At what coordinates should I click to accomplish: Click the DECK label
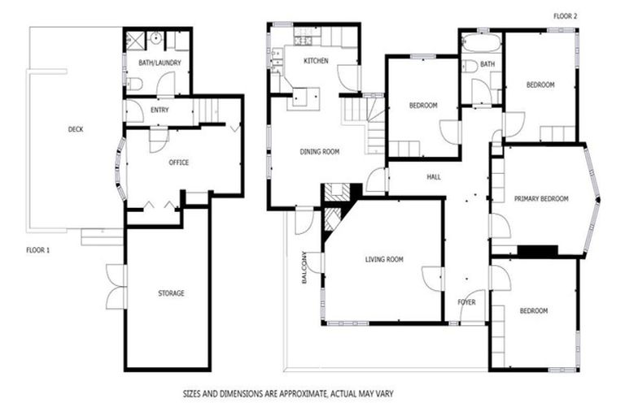point(76,128)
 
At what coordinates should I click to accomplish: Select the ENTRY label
point(160,110)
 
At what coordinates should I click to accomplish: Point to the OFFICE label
point(178,162)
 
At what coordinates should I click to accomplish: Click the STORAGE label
point(170,292)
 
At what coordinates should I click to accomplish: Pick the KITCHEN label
point(316,61)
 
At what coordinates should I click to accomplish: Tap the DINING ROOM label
point(319,151)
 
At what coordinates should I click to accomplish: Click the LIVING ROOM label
point(383,259)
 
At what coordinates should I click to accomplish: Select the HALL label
point(434,175)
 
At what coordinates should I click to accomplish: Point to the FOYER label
point(466,302)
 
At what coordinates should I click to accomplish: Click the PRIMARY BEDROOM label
point(540,198)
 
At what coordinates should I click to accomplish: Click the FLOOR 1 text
point(37,250)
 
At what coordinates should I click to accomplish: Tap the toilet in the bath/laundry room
point(135,83)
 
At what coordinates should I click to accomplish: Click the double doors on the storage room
point(116,286)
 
